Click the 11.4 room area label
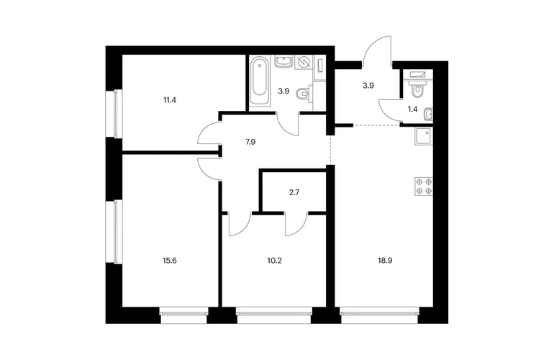(170, 100)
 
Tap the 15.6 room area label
(170, 261)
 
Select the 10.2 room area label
(275, 261)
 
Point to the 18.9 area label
(386, 261)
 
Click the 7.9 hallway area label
(250, 142)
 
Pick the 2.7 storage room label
(294, 193)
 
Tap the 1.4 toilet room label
(412, 109)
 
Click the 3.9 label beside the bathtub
(283, 91)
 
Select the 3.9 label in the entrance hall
(368, 85)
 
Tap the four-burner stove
(424, 186)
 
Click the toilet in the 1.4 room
(417, 88)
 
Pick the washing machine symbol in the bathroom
(303, 63)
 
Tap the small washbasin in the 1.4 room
(429, 114)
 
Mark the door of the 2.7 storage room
(296, 224)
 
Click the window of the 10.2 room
(274, 315)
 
